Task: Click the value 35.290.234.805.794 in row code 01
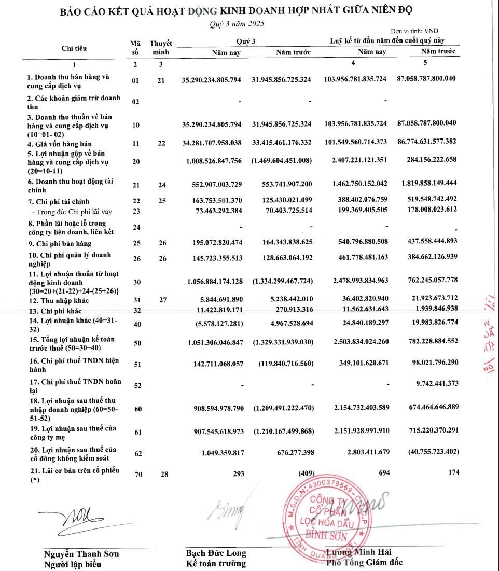[211, 80]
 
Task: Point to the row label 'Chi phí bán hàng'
[59, 244]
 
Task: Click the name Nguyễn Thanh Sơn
[81, 553]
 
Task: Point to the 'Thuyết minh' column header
[161, 48]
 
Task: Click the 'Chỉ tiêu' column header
[74, 48]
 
